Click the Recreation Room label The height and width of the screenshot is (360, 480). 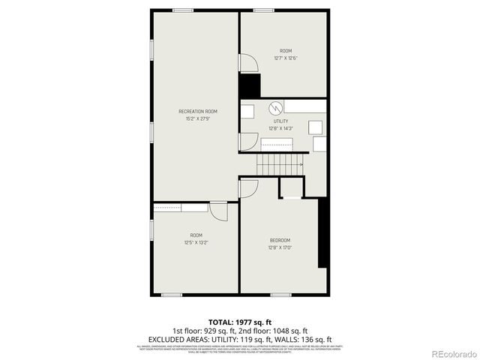193,111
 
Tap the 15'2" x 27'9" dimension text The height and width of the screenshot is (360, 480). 193,118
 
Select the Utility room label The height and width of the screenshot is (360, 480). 280,120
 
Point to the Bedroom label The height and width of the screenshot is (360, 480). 280,240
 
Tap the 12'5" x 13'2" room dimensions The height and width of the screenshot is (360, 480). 196,242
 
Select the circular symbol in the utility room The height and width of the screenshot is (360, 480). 275,107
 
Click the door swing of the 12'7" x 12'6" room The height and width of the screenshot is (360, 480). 247,63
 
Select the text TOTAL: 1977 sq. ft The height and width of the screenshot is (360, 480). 240,321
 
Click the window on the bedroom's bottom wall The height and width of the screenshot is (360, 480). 281,294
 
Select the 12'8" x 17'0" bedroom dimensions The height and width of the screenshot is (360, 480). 280,247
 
